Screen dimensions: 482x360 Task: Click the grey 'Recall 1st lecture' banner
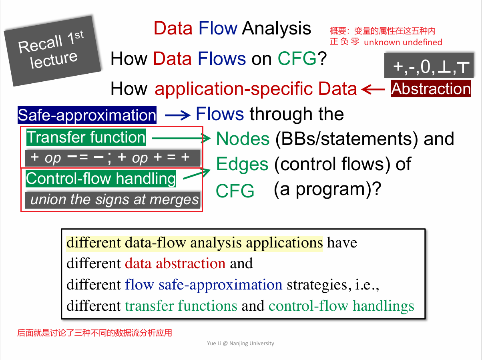coord(53,51)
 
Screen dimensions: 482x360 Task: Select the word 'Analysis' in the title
coord(277,28)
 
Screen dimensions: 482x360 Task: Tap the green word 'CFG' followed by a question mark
coord(297,58)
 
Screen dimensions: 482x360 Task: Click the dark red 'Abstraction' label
coord(431,89)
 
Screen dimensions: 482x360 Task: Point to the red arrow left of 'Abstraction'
coord(373,89)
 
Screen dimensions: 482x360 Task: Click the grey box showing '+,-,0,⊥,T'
coord(429,65)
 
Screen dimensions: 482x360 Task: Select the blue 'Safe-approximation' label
coord(87,115)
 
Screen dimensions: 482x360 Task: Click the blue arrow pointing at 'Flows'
coord(177,115)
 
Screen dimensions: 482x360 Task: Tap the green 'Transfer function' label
coord(86,137)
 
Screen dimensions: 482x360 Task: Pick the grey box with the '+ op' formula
coord(112,158)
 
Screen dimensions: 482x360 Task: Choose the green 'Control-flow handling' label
coord(101,179)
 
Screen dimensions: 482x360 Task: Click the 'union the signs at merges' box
coord(112,200)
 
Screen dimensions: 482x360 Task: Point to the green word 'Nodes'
coord(243,139)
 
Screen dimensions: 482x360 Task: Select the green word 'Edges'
coord(242,164)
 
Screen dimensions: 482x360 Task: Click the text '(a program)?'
coord(327,189)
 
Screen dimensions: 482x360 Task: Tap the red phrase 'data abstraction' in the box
coord(175,263)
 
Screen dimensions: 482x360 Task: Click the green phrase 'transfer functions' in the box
coord(181,306)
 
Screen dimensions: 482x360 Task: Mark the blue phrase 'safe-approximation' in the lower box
coord(221,285)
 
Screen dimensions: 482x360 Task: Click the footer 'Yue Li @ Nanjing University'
coord(241,343)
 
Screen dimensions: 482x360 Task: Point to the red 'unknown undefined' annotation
coord(403,42)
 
